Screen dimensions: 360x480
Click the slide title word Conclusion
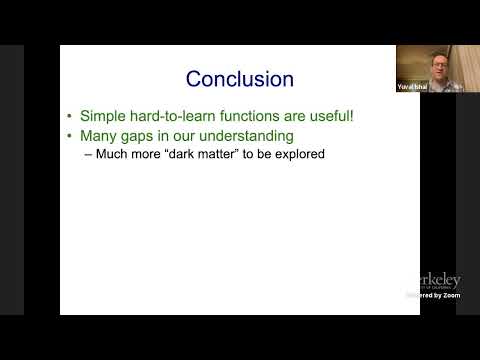240,78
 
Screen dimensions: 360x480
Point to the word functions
240,116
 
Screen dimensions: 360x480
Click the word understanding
245,135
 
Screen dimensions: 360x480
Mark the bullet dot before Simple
69,117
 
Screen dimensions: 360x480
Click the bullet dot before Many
69,136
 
